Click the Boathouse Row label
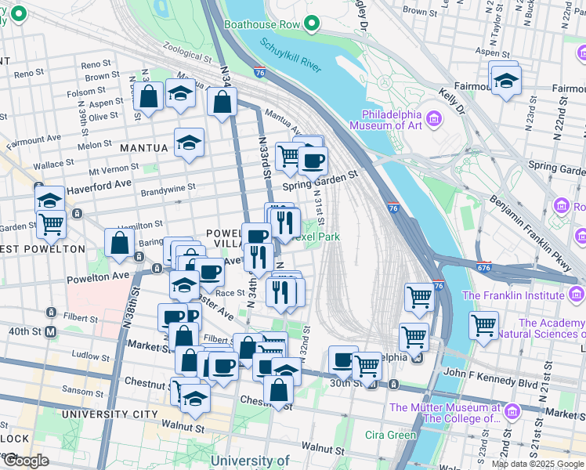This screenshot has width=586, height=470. [x=262, y=24]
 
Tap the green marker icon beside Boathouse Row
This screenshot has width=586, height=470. [x=313, y=24]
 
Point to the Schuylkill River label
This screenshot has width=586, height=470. [x=291, y=56]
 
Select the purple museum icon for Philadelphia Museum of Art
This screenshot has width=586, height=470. [x=435, y=119]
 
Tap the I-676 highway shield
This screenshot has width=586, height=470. [x=483, y=268]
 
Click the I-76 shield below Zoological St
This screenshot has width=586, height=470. [x=259, y=72]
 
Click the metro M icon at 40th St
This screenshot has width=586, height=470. [x=51, y=331]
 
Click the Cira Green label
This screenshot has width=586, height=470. [x=391, y=435]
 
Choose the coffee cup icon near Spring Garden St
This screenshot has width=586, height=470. [x=313, y=161]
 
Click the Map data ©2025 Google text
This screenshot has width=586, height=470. [x=537, y=464]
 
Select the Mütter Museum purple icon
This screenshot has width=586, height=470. [x=512, y=411]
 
